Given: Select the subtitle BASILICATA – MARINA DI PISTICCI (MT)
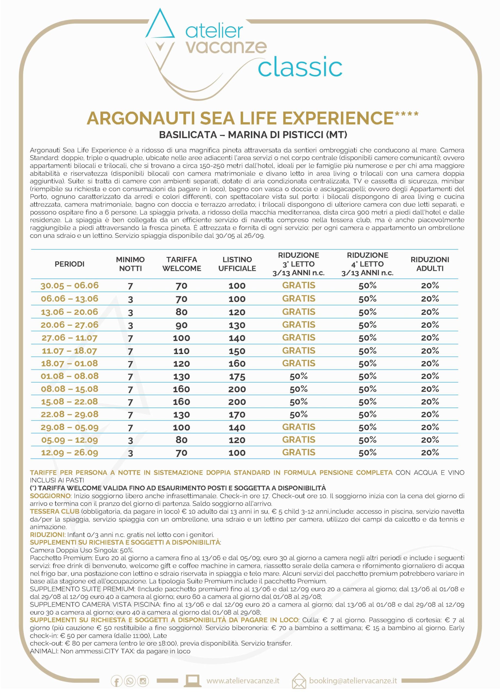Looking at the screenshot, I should click(253, 135).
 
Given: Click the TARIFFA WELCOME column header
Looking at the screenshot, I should click(181, 264).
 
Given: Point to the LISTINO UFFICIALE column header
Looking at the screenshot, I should click(237, 264).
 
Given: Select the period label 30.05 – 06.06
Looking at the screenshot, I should click(70, 286).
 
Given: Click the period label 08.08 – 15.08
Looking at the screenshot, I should click(70, 389).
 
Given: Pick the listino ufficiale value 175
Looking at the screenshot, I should click(237, 377).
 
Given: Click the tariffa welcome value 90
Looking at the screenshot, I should click(181, 325).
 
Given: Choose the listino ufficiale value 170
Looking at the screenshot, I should click(237, 415).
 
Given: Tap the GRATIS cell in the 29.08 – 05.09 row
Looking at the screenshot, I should click(298, 427).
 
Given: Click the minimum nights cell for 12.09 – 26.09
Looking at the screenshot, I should click(130, 453).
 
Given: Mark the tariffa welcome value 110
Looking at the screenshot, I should click(181, 351).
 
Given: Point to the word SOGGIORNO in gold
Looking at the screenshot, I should click(50, 496).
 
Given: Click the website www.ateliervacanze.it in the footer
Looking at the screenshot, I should click(243, 681).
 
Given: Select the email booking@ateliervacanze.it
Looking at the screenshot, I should click(353, 681).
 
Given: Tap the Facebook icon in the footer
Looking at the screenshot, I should click(117, 682).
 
